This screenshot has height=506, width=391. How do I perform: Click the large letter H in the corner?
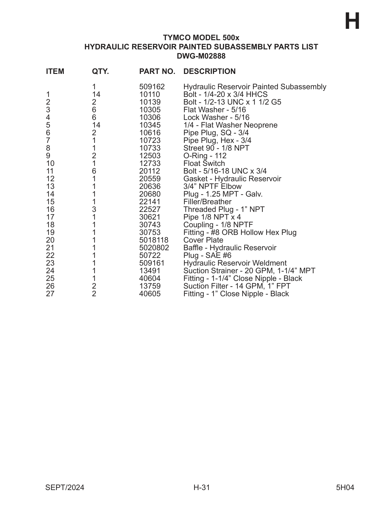(352, 22)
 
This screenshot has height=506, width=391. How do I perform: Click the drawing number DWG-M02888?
(201, 56)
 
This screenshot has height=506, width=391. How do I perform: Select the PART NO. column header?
(157, 71)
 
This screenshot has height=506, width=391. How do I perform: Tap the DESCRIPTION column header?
(209, 71)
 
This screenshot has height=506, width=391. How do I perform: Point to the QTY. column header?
(100, 71)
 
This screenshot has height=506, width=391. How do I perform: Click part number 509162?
(152, 87)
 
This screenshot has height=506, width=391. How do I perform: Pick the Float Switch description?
(204, 163)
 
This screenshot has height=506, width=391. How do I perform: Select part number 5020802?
(154, 248)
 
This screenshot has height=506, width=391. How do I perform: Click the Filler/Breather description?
(207, 202)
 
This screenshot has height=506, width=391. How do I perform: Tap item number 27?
(50, 294)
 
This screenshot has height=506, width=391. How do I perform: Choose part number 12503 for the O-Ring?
(150, 156)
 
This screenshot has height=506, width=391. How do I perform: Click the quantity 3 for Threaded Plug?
(94, 209)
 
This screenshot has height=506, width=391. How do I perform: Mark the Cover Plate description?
(203, 240)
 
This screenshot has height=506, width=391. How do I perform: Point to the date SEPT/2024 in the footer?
(65, 488)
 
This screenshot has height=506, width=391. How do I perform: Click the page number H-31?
(201, 488)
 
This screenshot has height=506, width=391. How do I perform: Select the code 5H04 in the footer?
(345, 488)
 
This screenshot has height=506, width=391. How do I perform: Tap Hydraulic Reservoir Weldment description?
(235, 263)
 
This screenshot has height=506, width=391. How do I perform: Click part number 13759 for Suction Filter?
(150, 286)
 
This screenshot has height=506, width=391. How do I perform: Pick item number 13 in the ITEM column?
(50, 186)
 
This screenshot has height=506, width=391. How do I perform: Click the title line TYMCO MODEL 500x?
(201, 38)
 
